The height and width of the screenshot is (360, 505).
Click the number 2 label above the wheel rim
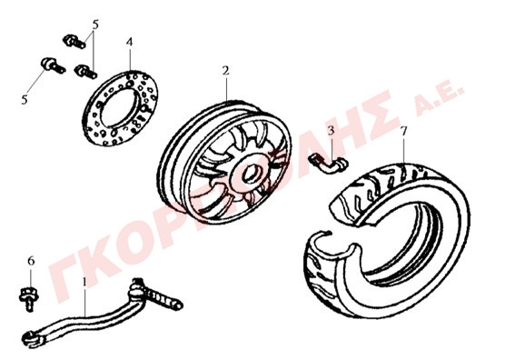tap(225, 71)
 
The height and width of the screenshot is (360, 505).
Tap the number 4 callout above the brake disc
tap(129, 42)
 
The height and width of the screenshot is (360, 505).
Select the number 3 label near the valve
tap(331, 131)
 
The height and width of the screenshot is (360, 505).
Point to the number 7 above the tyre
tap(404, 132)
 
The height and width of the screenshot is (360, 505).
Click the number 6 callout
tap(31, 261)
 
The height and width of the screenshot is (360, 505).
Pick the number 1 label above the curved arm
tap(84, 282)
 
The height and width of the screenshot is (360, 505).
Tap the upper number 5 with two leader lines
tap(95, 25)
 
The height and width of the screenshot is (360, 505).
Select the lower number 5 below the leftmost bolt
tap(25, 100)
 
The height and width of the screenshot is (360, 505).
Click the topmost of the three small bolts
tap(74, 42)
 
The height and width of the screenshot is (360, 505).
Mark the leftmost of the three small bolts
tap(54, 65)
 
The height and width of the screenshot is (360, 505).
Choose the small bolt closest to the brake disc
tap(85, 71)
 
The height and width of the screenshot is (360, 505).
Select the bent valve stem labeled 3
tap(329, 163)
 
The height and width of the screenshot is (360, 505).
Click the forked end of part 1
tap(32, 339)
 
